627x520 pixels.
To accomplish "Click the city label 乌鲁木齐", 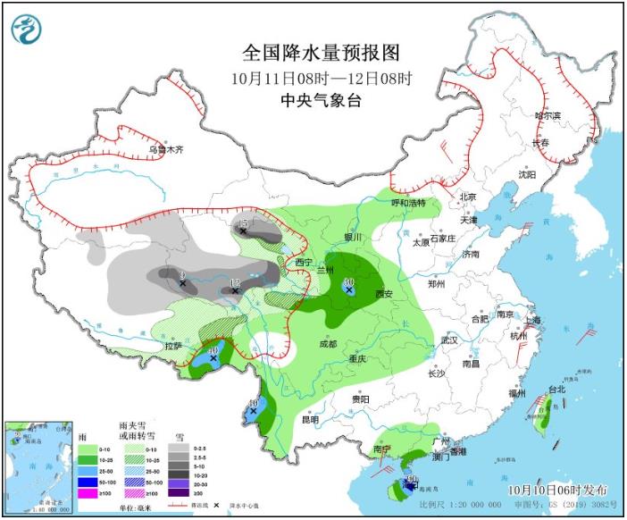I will click(165, 150).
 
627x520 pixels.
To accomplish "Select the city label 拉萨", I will click(173, 346).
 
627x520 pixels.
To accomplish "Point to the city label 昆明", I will click(310, 419).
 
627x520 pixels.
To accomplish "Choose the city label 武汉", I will click(447, 340).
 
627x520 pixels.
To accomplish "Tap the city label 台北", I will click(556, 390).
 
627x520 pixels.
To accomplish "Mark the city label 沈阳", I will click(528, 175).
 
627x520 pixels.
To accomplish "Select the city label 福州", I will click(518, 394).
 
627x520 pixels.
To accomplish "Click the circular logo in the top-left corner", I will click(28, 29).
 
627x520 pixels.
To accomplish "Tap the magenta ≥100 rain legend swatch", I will click(89, 492).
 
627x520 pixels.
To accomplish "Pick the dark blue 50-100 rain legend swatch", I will click(89, 479).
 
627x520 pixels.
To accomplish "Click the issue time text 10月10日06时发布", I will click(558, 490).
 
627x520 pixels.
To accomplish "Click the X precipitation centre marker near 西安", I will click(348, 290).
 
